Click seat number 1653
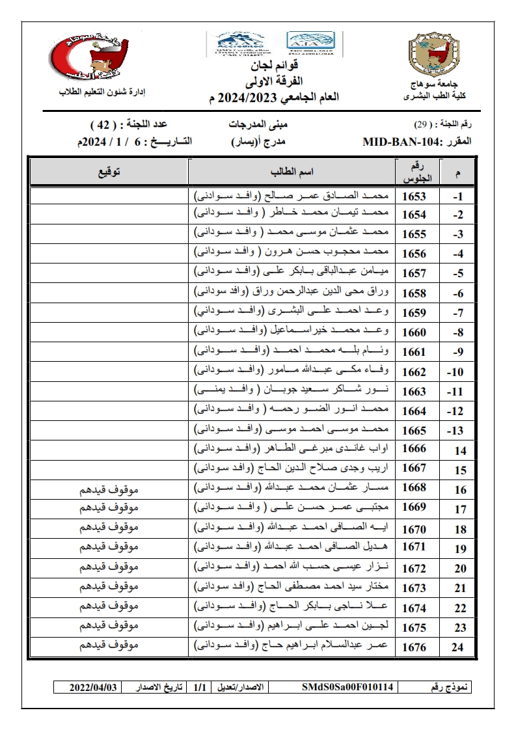pos(414,196)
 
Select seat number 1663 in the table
pos(414,392)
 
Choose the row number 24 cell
pos(460,647)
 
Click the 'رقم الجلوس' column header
pos(414,171)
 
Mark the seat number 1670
pos(414,528)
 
